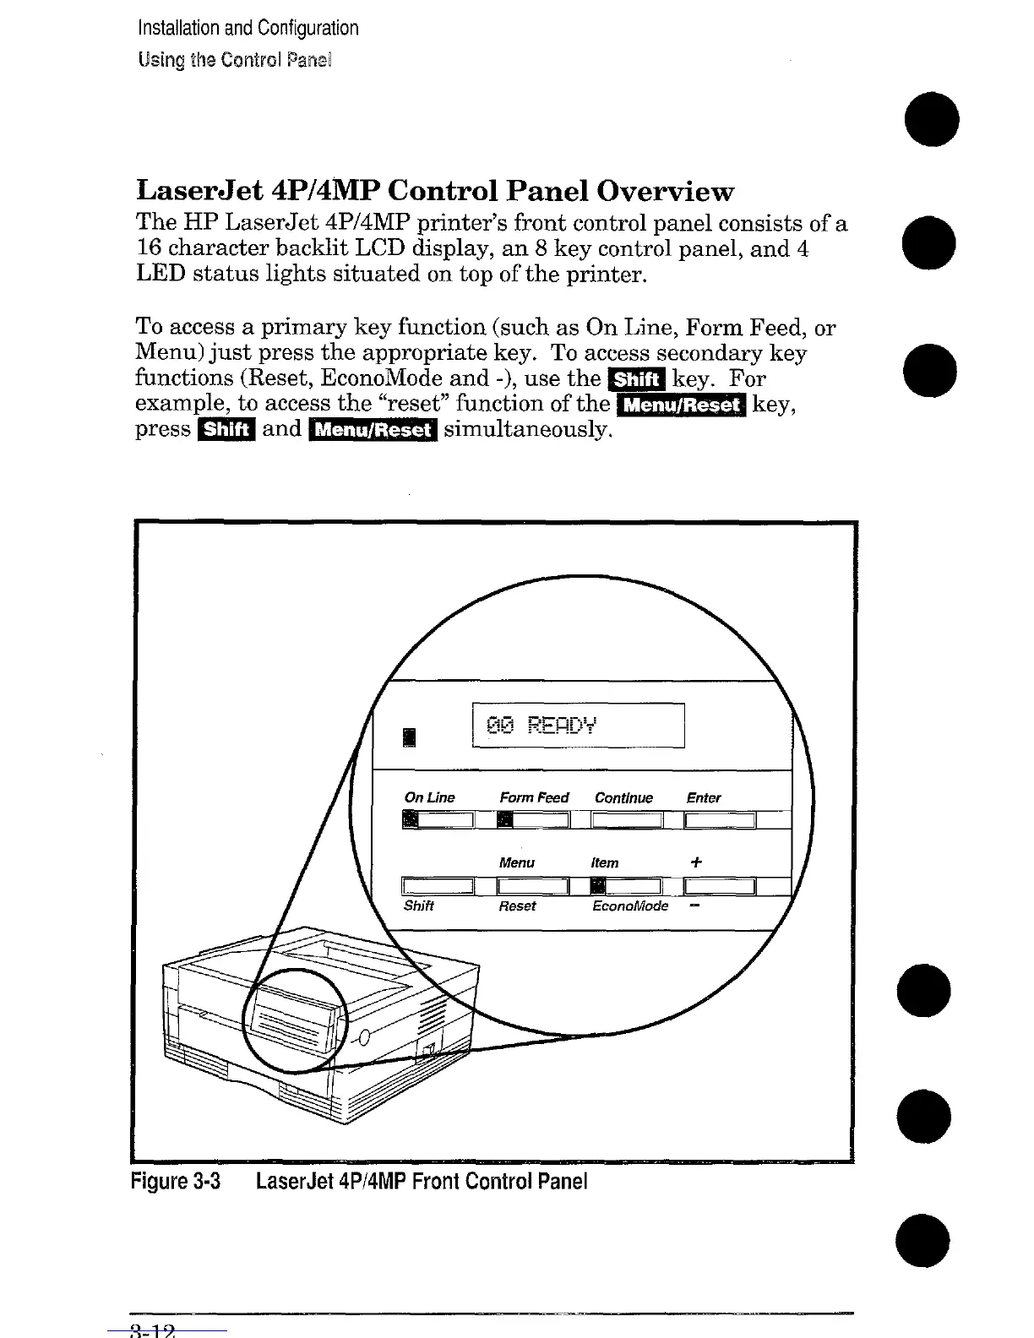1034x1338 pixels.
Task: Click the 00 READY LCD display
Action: pyautogui.click(x=579, y=725)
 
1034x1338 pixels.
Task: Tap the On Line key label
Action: pyautogui.click(x=429, y=797)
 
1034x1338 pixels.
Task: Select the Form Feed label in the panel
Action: pyautogui.click(x=534, y=797)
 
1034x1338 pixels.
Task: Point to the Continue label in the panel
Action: pyautogui.click(x=623, y=797)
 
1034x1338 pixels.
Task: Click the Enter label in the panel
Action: pyautogui.click(x=703, y=797)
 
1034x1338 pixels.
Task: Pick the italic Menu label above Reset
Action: pyautogui.click(x=516, y=862)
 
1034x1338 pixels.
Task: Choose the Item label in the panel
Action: pyautogui.click(x=604, y=862)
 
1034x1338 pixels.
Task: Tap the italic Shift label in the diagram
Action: pyautogui.click(x=419, y=906)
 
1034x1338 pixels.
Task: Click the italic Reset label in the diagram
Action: pyautogui.click(x=517, y=906)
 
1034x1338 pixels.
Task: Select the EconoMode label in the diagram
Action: pyautogui.click(x=630, y=906)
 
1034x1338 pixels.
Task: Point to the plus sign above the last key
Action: pyautogui.click(x=695, y=862)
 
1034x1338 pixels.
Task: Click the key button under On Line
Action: pyautogui.click(x=438, y=819)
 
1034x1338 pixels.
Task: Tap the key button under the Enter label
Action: pyautogui.click(x=720, y=819)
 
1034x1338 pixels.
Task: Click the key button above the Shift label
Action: pyautogui.click(x=438, y=885)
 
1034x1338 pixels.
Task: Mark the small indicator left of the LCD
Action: pyautogui.click(x=410, y=737)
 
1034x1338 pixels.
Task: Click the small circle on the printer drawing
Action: pyautogui.click(x=364, y=1037)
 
